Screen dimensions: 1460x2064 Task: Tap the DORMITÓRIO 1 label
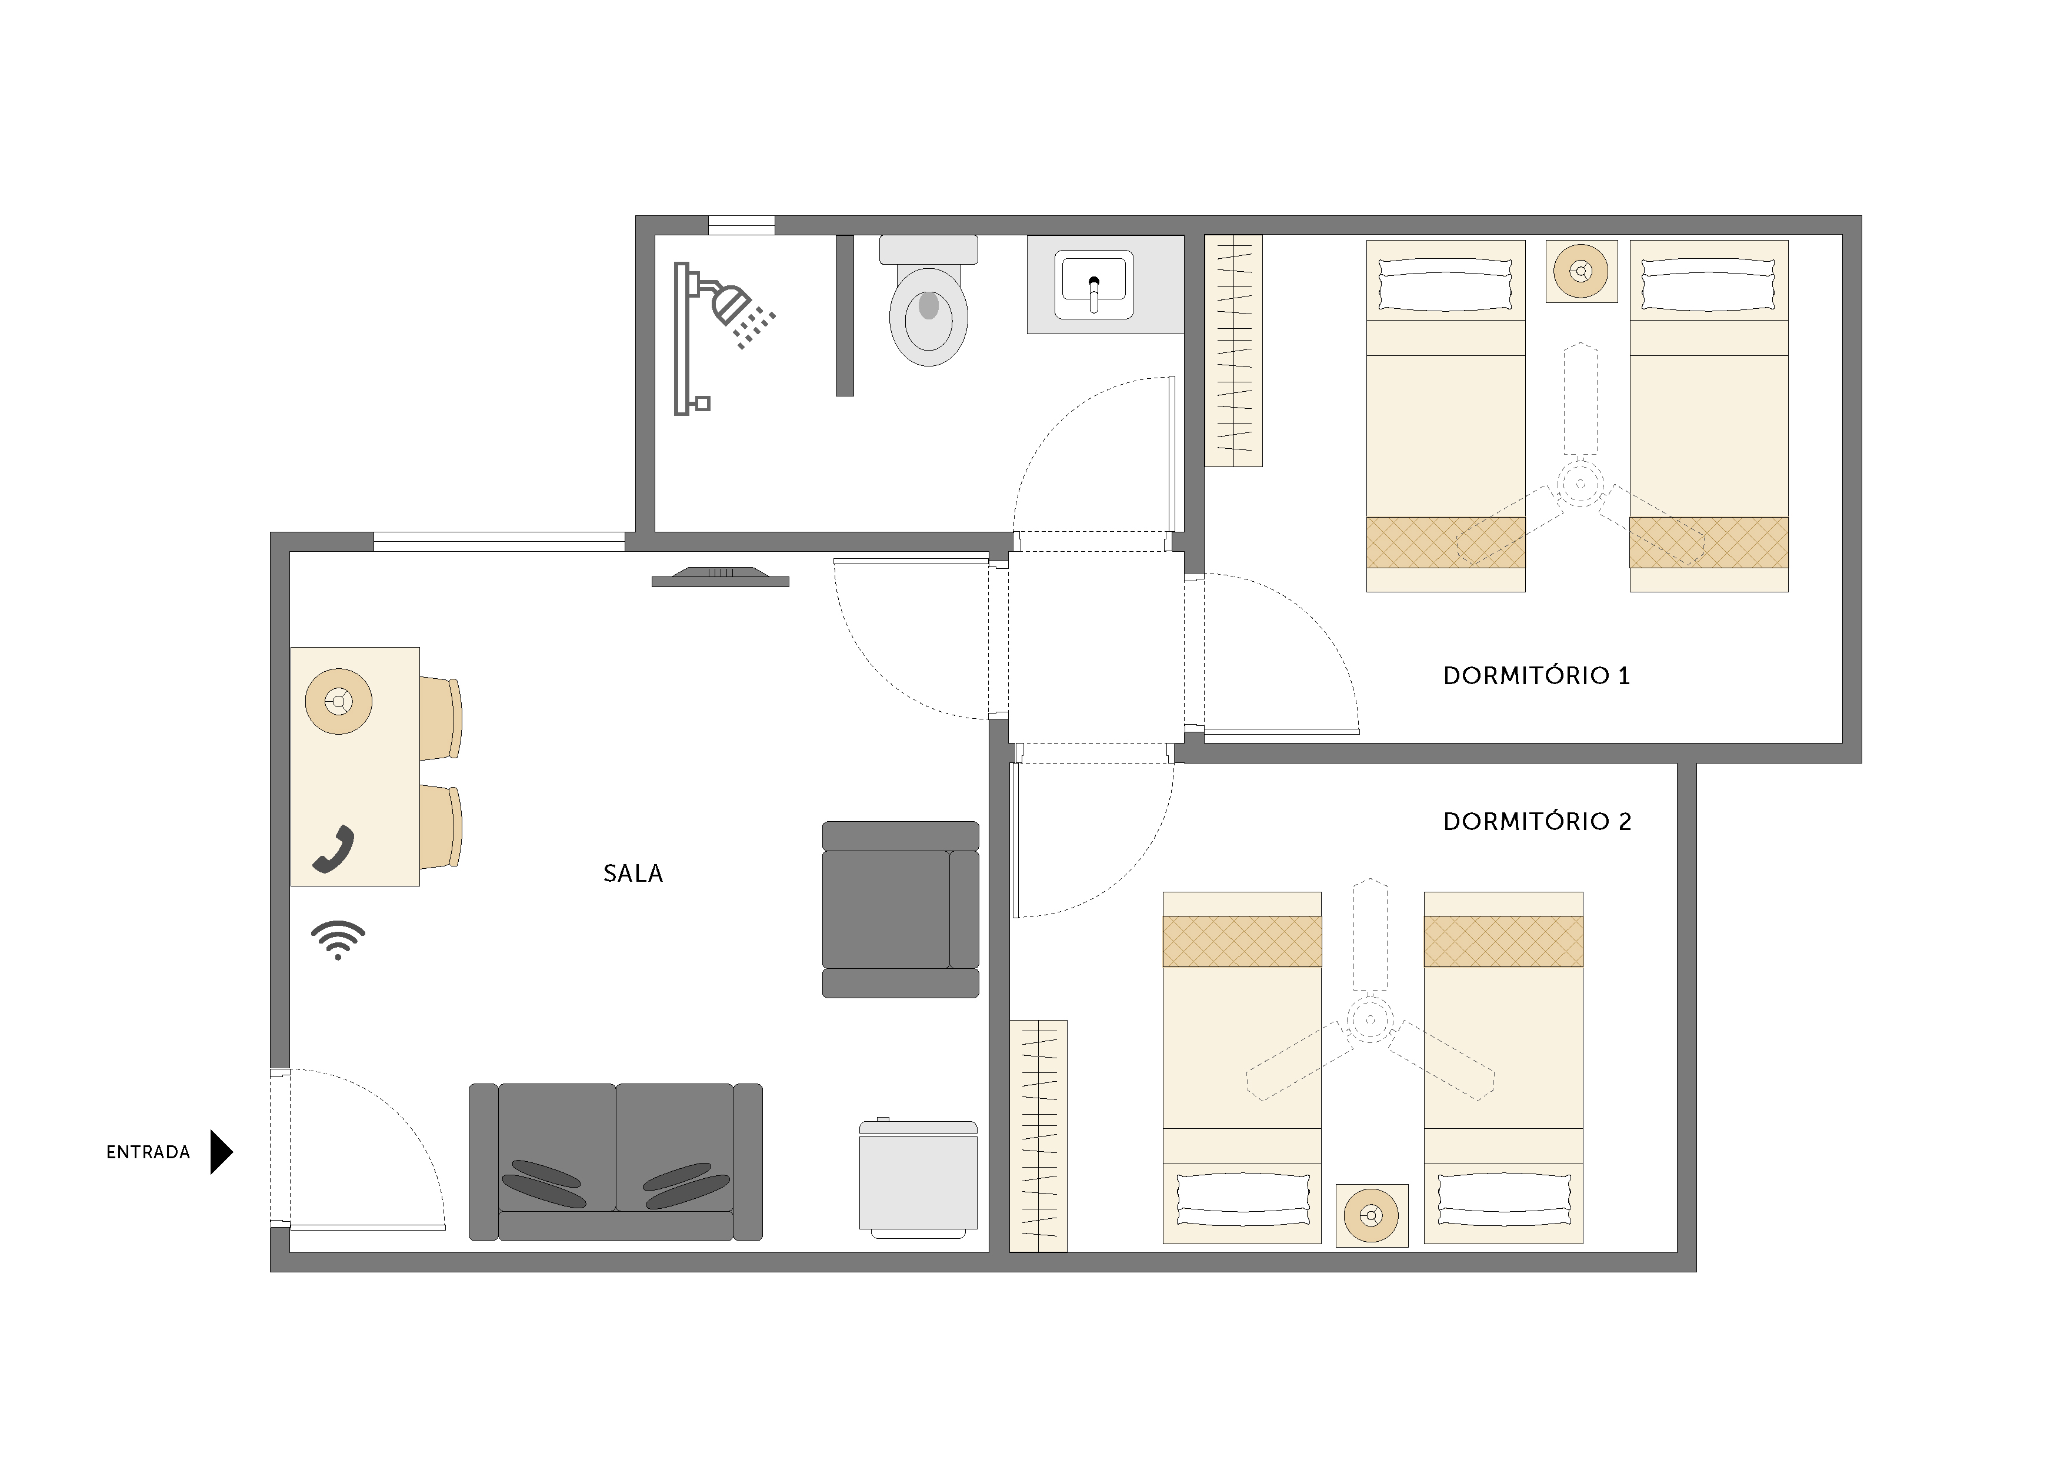(x=1536, y=675)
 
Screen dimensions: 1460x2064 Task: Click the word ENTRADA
(x=148, y=1152)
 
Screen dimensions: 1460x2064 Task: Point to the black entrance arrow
(x=220, y=1152)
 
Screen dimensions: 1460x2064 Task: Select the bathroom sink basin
(x=1093, y=284)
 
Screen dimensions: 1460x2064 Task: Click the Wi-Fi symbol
(x=338, y=939)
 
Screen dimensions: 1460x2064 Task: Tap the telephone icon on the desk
(x=334, y=849)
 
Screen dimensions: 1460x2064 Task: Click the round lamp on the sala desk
(x=339, y=701)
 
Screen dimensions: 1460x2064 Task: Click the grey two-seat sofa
(x=616, y=1162)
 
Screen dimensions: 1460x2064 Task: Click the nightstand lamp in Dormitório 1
(x=1580, y=271)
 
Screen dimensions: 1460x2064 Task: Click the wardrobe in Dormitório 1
(x=1233, y=351)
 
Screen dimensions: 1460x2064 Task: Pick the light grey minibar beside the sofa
(x=918, y=1178)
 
